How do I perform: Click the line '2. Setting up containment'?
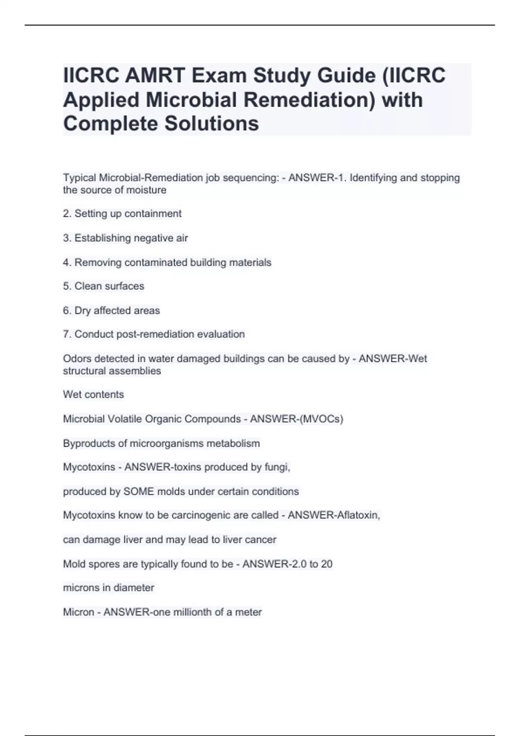tap(122, 213)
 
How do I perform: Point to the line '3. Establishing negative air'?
tap(126, 238)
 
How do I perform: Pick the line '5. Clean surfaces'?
tap(104, 286)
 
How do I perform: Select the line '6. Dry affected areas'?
tap(111, 310)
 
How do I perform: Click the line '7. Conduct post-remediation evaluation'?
tap(154, 334)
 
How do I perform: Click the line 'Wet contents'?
tap(94, 394)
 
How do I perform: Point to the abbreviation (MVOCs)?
tap(321, 419)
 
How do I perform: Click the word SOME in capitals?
tap(139, 492)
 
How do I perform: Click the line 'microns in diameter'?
tap(109, 588)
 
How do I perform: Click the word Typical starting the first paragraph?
tap(80, 178)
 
